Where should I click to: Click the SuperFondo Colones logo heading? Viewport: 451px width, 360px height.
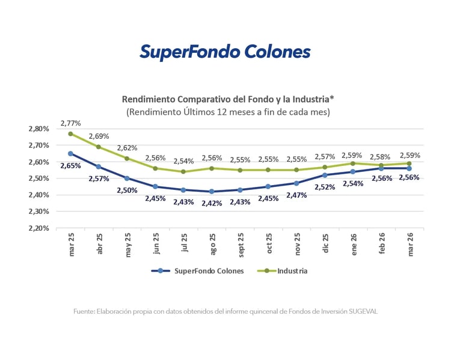(x=225, y=52)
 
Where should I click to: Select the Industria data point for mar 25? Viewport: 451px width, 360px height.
(x=70, y=133)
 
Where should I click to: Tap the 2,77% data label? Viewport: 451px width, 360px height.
(x=70, y=123)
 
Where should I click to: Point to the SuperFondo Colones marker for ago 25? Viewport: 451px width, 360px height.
(x=212, y=192)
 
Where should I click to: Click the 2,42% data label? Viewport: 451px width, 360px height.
(x=212, y=203)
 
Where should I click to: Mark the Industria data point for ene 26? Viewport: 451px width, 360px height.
(x=353, y=163)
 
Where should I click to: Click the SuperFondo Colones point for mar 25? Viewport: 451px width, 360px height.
(x=70, y=153)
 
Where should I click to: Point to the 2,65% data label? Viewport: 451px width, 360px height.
(x=70, y=165)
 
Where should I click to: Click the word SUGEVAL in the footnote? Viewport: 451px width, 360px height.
(x=362, y=311)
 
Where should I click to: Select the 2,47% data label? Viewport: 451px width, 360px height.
(x=296, y=195)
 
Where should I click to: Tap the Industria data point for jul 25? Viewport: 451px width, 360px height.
(x=183, y=171)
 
